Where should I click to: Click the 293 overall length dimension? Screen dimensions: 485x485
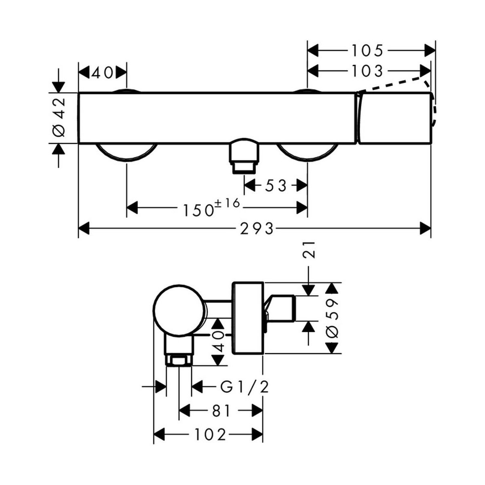click(257, 229)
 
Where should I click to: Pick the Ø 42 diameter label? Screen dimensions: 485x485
click(59, 118)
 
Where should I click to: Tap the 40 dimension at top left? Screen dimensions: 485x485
click(102, 73)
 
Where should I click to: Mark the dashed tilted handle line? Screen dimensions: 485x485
click(394, 83)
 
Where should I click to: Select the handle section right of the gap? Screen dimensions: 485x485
click(394, 118)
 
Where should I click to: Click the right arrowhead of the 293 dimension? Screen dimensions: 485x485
click(425, 229)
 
